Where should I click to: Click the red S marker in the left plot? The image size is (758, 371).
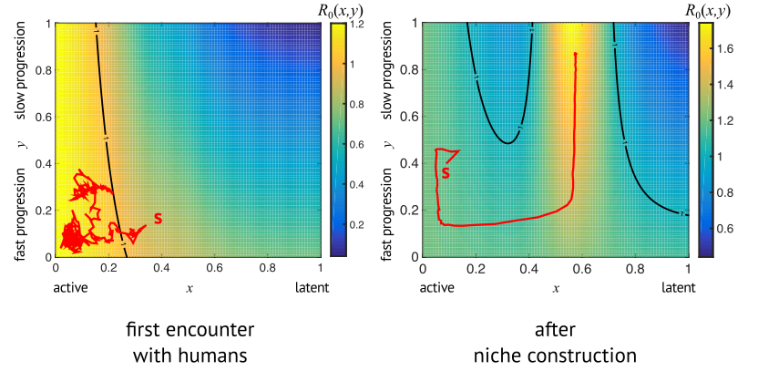(158, 218)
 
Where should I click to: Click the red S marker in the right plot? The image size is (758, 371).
(446, 171)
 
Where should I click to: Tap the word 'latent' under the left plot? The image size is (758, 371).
(312, 289)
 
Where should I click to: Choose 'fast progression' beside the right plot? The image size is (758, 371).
(389, 208)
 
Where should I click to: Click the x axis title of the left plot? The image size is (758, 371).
(189, 289)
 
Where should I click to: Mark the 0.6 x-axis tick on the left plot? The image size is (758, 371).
(215, 270)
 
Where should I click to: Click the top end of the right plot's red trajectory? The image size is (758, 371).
(575, 54)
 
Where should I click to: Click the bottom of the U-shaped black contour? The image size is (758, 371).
(509, 143)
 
